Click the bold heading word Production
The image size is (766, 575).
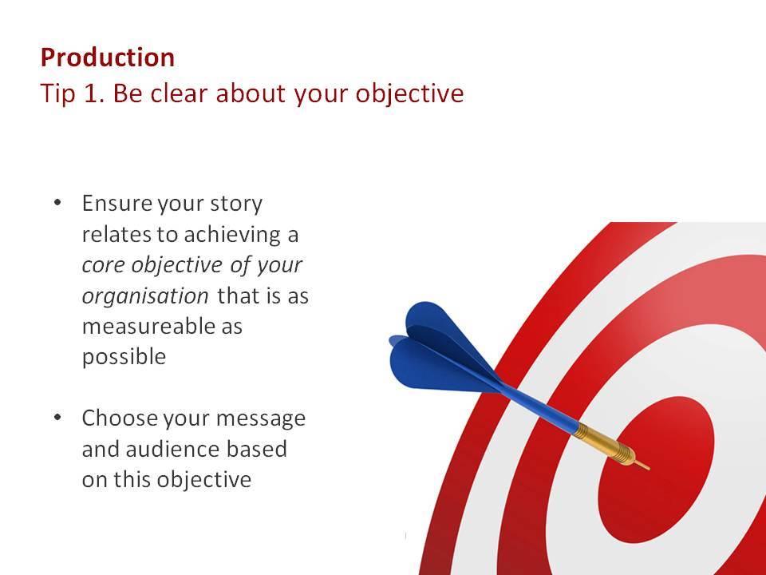[108, 57]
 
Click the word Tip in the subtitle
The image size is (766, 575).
[57, 94]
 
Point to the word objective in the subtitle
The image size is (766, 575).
[409, 94]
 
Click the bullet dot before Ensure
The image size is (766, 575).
[57, 202]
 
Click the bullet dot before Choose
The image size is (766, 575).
[57, 417]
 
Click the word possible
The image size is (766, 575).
[124, 357]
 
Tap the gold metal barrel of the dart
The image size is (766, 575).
[605, 444]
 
